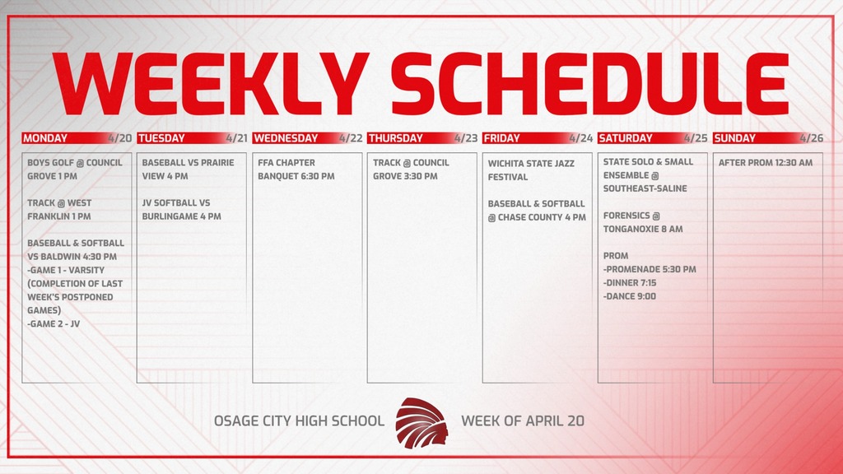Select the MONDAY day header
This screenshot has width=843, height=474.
coord(46,138)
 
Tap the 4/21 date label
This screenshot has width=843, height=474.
coord(235,138)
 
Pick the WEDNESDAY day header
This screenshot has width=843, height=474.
coord(286,138)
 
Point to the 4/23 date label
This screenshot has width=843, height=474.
coord(465,138)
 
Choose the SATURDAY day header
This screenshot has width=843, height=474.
coord(626,138)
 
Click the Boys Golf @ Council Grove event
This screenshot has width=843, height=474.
coord(74,170)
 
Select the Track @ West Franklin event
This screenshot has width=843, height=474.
coord(59,210)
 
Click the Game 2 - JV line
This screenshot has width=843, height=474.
coord(54,324)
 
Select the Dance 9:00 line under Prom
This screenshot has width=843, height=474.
coord(630,296)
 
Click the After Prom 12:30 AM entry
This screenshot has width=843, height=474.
coord(765,163)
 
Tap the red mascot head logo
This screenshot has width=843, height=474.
coord(421,421)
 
